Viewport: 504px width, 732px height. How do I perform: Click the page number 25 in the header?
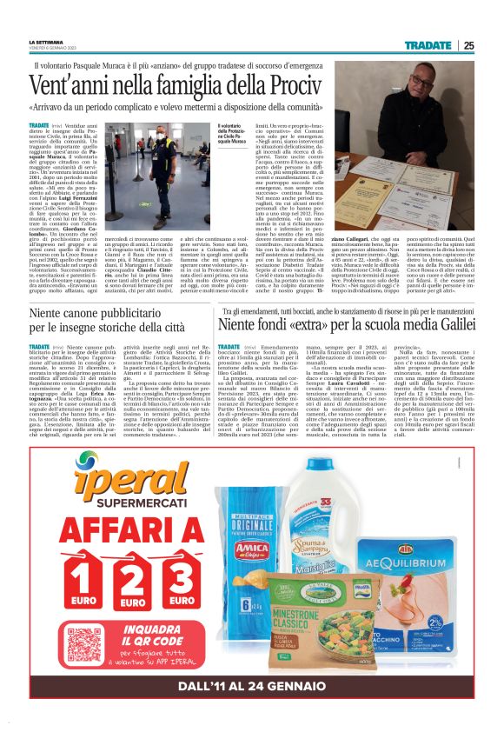[468, 45]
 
